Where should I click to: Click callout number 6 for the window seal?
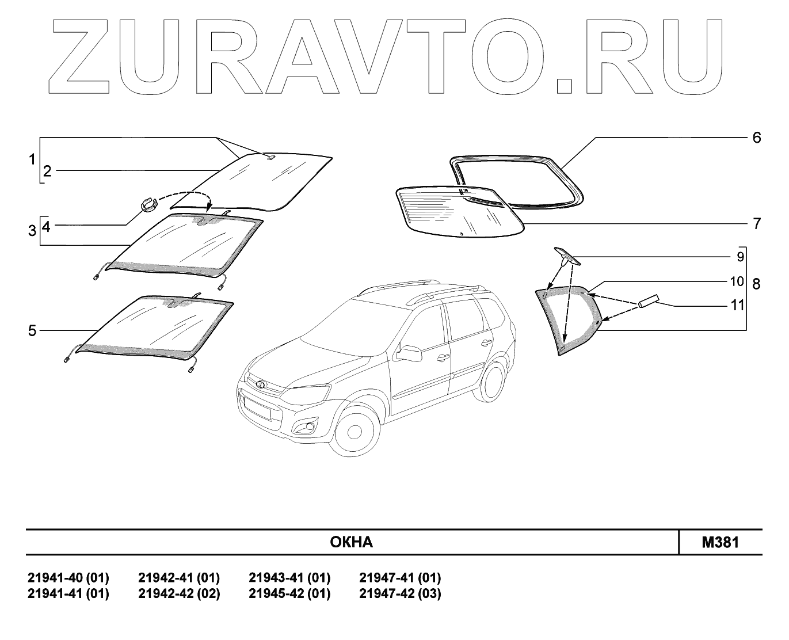(756, 138)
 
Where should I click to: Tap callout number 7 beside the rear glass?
(757, 223)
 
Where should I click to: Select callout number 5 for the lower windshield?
(32, 330)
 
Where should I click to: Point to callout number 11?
(737, 305)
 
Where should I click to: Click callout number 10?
(737, 281)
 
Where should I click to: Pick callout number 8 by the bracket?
(756, 284)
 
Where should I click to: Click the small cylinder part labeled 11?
(647, 302)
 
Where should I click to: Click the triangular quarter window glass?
(567, 319)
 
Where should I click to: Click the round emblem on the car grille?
(258, 384)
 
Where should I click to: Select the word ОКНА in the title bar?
(352, 542)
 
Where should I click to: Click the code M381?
(720, 542)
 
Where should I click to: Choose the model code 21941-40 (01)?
(68, 577)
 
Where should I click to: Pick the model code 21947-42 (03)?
(400, 593)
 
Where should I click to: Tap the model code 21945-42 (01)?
(289, 593)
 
